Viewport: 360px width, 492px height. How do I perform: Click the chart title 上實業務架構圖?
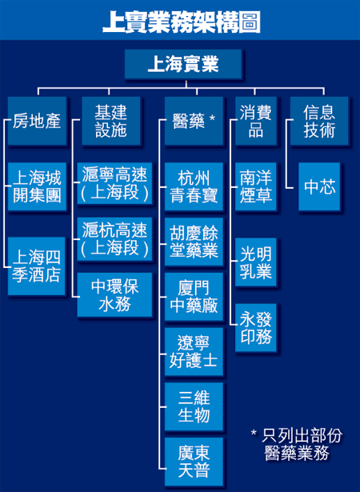pos(182,22)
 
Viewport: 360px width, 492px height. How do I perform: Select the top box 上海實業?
pos(183,64)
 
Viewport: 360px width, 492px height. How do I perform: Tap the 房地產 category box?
pos(37,121)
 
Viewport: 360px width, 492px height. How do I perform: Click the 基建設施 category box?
pos(111,121)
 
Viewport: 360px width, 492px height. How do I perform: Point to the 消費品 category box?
pos(256,121)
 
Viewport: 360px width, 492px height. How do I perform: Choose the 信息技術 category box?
pos(319,121)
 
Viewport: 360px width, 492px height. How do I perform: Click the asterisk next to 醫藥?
pos(212,118)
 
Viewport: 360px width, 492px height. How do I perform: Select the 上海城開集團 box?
pos(37,186)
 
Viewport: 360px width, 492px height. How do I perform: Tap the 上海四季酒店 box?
pos(37,266)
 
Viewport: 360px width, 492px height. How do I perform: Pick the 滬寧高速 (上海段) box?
pos(114,183)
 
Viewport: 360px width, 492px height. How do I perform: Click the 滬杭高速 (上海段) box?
pos(114,238)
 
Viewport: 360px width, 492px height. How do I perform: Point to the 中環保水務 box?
pos(114,294)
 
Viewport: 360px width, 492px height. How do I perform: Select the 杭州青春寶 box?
pos(194,186)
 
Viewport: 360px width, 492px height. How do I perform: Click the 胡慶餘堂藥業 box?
pos(194,242)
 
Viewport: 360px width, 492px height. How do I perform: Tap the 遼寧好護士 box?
pos(194,351)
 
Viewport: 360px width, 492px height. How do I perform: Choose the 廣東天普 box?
pos(194,462)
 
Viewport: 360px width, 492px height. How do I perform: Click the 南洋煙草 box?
pos(256,186)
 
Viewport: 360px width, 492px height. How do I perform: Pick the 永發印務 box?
pos(256,327)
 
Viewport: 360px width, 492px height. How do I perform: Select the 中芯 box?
pos(319,186)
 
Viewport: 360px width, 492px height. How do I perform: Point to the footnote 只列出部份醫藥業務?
pos(297,444)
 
